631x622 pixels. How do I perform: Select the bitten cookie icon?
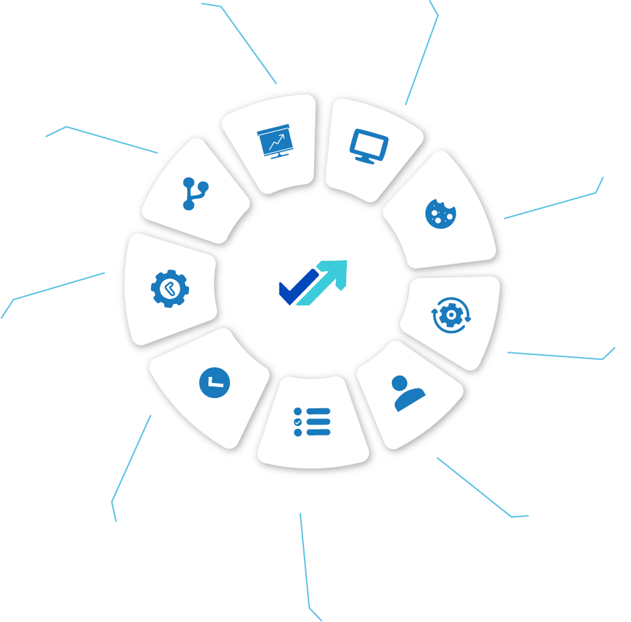pyautogui.click(x=440, y=214)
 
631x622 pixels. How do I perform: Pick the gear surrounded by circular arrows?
pyautogui.click(x=449, y=315)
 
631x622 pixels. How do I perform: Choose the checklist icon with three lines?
pyautogui.click(x=312, y=422)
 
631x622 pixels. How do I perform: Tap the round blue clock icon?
pyautogui.click(x=214, y=382)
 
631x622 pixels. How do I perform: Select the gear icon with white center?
pyautogui.click(x=170, y=288)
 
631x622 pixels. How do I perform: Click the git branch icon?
pyautogui.click(x=194, y=193)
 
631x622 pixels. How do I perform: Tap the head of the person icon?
pyautogui.click(x=400, y=383)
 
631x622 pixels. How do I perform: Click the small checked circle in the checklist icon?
pyautogui.click(x=298, y=422)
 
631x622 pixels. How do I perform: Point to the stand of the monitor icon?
pyautogui.click(x=366, y=160)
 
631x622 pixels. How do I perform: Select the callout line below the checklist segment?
pyautogui.click(x=305, y=560)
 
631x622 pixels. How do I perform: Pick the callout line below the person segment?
pyautogui.click(x=474, y=487)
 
